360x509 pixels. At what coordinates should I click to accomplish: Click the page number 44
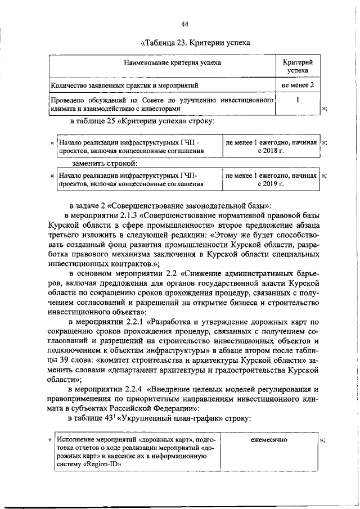(x=185, y=23)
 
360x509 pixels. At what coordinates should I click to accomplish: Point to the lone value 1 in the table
(x=298, y=100)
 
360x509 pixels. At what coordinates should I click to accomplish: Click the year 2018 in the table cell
(x=276, y=151)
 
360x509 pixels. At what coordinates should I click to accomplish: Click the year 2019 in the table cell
(x=276, y=183)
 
